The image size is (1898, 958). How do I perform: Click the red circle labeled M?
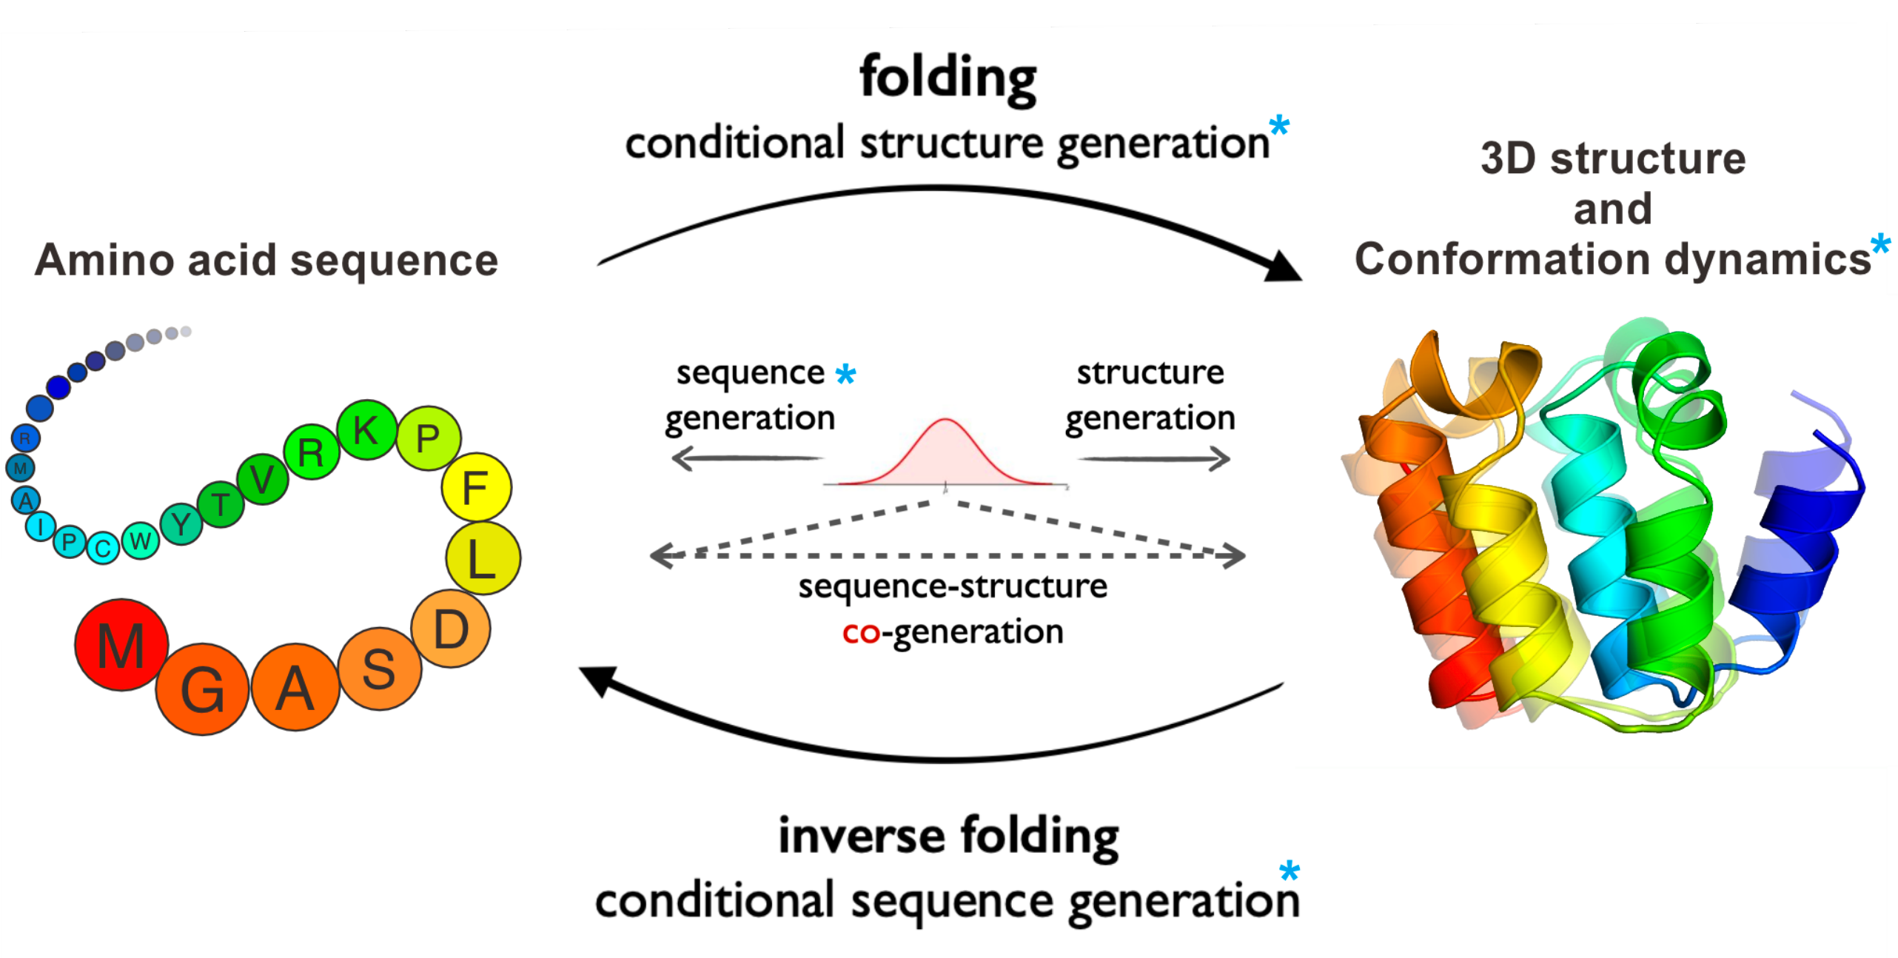point(121,645)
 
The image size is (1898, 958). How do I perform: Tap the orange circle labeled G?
point(201,689)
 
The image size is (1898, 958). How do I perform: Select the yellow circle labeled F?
point(475,487)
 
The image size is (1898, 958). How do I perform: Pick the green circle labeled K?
point(366,430)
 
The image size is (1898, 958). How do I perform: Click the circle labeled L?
point(482,558)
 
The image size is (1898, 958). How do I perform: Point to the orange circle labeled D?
point(450,629)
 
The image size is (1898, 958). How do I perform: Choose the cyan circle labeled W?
point(140,540)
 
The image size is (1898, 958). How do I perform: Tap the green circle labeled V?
point(262,479)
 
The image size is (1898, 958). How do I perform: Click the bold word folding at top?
point(948,77)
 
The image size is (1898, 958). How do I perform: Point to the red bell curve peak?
point(945,421)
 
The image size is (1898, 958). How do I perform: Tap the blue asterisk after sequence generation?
point(845,374)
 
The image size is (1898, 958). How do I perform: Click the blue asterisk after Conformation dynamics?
point(1879,244)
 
